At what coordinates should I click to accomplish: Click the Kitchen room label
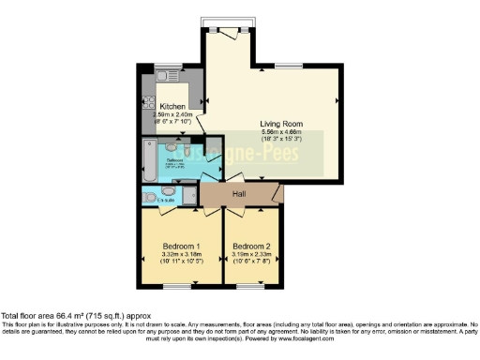[172, 107]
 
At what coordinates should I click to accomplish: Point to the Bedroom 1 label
[181, 246]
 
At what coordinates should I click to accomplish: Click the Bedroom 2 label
[251, 246]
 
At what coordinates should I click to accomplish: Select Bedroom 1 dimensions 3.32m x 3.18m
[181, 254]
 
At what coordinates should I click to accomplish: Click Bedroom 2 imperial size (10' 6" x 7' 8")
[251, 262]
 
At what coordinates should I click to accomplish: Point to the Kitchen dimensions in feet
[172, 123]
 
